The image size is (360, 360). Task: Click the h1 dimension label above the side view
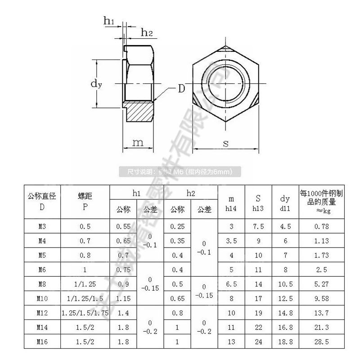(x=109, y=20)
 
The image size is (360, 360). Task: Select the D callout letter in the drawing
(x=180, y=88)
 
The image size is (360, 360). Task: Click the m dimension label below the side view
(x=138, y=143)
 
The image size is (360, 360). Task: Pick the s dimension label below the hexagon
(x=226, y=144)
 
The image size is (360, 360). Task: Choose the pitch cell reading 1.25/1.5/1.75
(x=85, y=313)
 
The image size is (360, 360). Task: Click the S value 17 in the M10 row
(x=258, y=298)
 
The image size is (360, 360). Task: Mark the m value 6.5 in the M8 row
(x=231, y=284)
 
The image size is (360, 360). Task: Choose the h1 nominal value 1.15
(x=123, y=298)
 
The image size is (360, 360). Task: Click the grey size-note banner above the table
(x=180, y=171)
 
